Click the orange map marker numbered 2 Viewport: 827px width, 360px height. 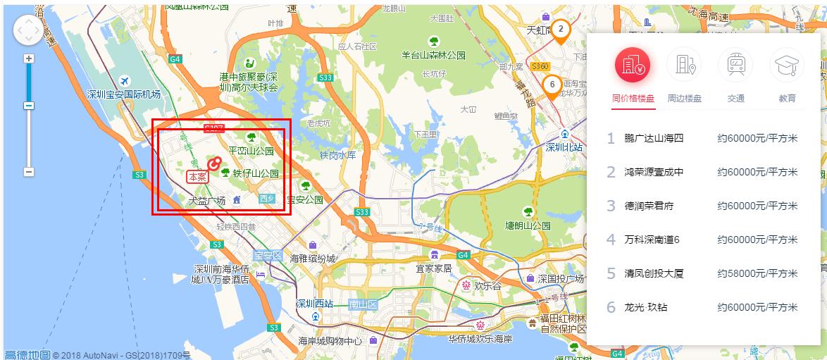560,30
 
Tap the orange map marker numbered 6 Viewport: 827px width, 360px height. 552,85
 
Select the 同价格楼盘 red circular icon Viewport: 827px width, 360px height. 633,66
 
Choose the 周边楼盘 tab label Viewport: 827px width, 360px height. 685,99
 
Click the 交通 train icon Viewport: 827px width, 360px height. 735,66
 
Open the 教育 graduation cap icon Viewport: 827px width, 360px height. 787,66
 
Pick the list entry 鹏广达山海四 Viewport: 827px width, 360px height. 654,138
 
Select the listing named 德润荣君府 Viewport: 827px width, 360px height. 649,206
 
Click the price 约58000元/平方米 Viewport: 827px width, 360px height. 757,273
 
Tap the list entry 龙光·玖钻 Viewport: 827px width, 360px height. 646,307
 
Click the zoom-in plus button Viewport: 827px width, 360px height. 29,58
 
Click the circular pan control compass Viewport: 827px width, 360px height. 29,30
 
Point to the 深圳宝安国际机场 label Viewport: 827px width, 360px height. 123,94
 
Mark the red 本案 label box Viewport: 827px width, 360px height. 197,177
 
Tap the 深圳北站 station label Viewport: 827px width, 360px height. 565,148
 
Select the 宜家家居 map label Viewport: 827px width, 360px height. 433,268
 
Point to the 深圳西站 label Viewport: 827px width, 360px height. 314,304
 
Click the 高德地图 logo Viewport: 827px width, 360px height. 27,354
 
